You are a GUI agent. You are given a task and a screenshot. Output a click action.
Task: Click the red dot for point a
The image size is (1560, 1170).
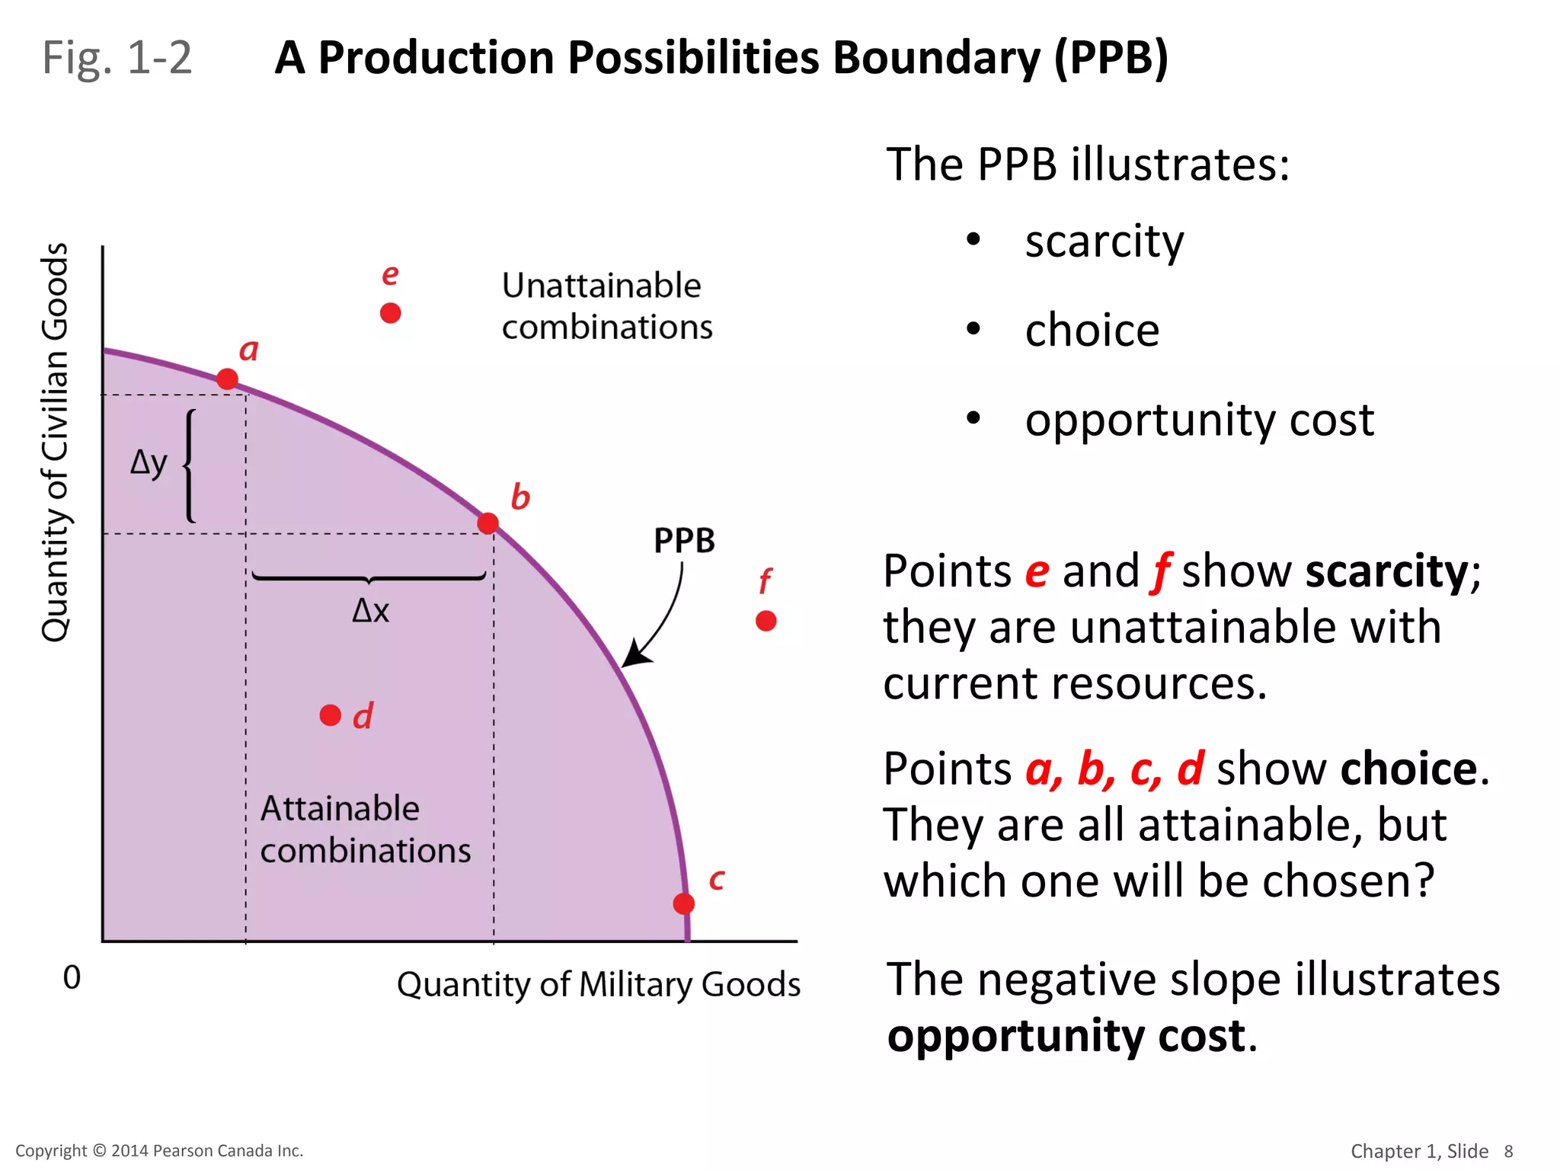coord(227,379)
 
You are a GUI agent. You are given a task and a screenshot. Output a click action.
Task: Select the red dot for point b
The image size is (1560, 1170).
coord(488,523)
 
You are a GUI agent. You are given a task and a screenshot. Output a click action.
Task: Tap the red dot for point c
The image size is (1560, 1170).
coord(684,903)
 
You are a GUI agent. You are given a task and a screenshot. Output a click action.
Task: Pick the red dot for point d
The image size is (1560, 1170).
coord(331,715)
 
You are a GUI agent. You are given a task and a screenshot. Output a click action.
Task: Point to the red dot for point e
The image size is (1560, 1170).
coord(391,313)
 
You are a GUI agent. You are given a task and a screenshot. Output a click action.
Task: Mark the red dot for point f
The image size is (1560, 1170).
coord(766,621)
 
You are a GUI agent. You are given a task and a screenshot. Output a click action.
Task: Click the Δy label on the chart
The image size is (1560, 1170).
coord(149,462)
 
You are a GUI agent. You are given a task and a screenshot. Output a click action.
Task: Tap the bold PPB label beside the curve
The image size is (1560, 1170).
coord(684,541)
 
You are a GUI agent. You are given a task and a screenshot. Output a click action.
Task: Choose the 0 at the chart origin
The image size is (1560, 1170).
coord(72,977)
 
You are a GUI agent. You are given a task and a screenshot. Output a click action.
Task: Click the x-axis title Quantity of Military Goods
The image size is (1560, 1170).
coord(598,984)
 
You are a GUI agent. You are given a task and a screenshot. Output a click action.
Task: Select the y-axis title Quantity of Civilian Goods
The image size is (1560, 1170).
coord(55,442)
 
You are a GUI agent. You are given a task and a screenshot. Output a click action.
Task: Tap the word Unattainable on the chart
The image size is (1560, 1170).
coord(601,286)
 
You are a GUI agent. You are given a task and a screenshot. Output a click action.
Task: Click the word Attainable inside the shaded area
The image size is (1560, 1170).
coord(340,808)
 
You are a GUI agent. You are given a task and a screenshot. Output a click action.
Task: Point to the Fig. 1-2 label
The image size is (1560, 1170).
coord(117,58)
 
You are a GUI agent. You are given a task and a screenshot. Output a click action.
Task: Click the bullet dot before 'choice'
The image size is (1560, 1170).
coord(973,329)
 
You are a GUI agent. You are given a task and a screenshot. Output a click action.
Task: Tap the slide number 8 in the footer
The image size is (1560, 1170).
coord(1508,1151)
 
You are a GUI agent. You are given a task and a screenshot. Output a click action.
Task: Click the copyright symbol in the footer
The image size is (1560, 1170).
coord(100,1151)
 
